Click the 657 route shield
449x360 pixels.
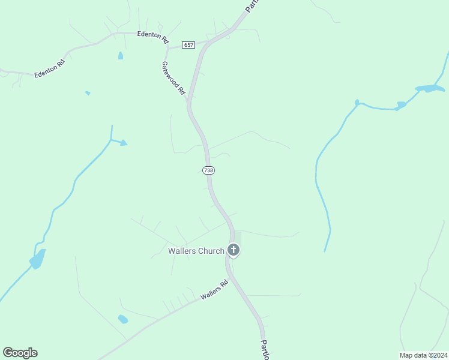point(189,45)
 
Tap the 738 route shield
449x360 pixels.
point(208,170)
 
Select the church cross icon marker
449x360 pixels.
point(234,250)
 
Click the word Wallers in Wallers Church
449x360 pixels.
point(182,251)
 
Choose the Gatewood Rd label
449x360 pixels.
point(173,78)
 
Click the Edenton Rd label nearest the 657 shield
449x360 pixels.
point(152,35)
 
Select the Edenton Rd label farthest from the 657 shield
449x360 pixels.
point(49,68)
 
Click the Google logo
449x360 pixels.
point(20,353)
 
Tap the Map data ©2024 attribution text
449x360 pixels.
point(423,355)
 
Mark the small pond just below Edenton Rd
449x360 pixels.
point(121,56)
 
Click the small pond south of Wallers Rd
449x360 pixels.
point(123,319)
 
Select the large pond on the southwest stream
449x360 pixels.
point(38,259)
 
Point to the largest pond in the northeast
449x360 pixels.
point(430,89)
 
